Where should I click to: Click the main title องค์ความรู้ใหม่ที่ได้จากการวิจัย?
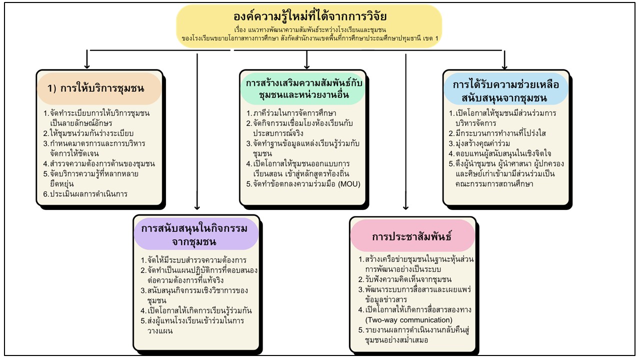[x=310, y=16]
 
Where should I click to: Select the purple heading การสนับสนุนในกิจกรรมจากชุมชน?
[x=194, y=235]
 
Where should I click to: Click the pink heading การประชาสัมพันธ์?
[x=411, y=236]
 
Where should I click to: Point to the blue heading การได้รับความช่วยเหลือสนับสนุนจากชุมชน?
[x=505, y=91]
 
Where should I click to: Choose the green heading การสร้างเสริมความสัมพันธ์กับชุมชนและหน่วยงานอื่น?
[x=304, y=88]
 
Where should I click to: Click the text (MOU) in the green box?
[x=349, y=183]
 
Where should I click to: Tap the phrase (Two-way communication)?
[x=409, y=319]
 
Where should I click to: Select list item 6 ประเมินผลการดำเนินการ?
[x=85, y=194]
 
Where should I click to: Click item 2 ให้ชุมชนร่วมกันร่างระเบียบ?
[x=88, y=133]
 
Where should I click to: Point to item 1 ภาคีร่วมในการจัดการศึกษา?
[x=291, y=113]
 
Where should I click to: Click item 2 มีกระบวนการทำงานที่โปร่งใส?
[x=497, y=133]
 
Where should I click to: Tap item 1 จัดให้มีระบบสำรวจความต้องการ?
[x=193, y=260]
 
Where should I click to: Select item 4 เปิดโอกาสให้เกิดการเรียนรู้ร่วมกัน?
[x=196, y=310]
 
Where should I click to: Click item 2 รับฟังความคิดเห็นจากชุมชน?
[x=405, y=279]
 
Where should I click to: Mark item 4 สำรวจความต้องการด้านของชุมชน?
[x=99, y=163]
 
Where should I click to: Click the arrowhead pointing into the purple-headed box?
[x=197, y=207]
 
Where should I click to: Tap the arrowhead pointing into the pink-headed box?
[x=405, y=207]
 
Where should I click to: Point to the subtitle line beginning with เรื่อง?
[x=310, y=29]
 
